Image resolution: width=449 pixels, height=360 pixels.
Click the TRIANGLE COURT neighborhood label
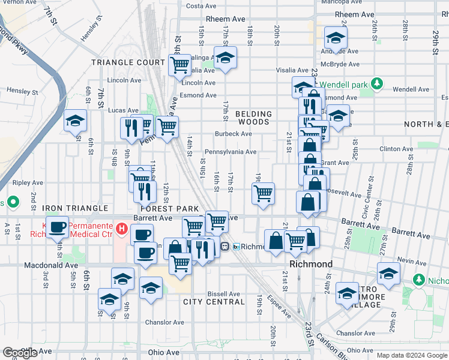128,62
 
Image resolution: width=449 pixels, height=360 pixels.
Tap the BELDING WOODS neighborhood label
253,118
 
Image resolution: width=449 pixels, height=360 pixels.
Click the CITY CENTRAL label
214,302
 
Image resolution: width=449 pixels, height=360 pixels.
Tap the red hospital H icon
122,228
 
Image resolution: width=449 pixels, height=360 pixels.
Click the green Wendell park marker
377,83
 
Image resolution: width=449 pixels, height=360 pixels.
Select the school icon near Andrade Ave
336,38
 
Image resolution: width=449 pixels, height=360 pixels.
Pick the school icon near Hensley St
76,121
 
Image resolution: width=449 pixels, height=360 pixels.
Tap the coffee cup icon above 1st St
58,227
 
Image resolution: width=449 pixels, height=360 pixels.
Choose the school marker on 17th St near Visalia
225,58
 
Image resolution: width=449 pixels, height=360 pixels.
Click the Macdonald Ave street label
51,265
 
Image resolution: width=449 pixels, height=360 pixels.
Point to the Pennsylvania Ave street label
231,152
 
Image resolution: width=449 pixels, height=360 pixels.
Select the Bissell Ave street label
223,294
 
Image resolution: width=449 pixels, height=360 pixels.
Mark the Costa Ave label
201,6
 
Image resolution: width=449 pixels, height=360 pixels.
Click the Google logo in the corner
20,353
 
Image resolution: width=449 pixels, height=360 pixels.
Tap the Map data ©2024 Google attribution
412,355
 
